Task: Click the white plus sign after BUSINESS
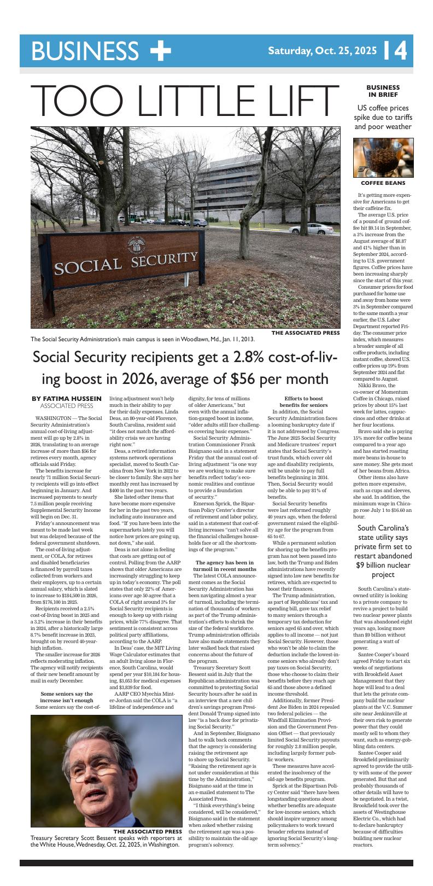tap(160, 51)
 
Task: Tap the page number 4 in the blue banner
tap(400, 51)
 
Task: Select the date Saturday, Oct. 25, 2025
tap(322, 51)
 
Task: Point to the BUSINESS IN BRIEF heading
tap(383, 91)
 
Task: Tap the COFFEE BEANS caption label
tap(383, 183)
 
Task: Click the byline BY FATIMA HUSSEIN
tap(67, 398)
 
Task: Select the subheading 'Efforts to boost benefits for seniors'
tap(304, 401)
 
